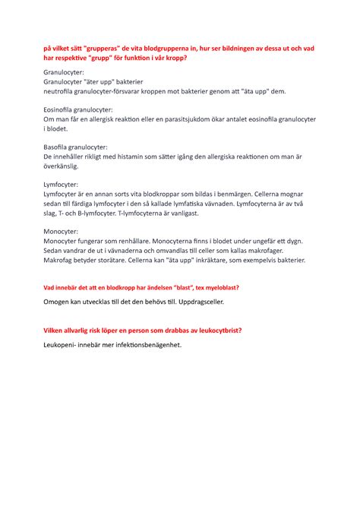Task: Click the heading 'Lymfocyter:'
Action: point(63,184)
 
